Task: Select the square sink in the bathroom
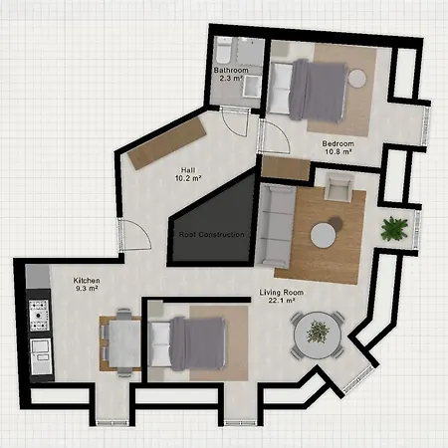point(249,51)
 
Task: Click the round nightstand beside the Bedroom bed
point(357,77)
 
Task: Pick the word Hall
point(187,168)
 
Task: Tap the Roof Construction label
point(210,234)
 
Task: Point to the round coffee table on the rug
point(323,235)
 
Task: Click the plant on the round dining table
point(318,331)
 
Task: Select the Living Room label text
point(280,293)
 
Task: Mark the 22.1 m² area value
point(280,303)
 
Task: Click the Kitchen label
point(86,281)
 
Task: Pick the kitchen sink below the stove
point(41,354)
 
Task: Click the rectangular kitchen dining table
point(118,342)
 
